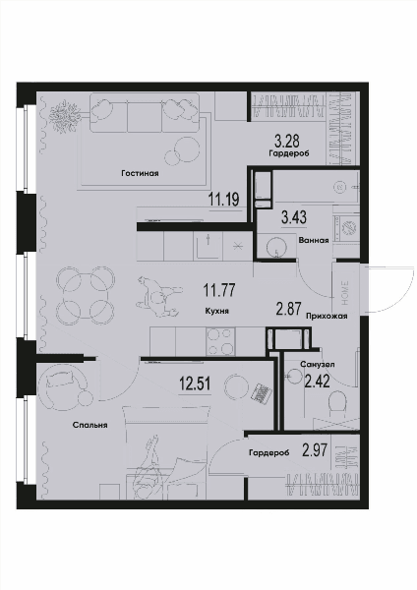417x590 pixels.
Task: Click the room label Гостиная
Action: tap(140, 173)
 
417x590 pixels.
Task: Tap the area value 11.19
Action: tap(224, 199)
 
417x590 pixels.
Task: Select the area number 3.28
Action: tap(287, 142)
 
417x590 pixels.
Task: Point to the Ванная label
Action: tap(314, 241)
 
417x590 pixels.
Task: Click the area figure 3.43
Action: tap(294, 217)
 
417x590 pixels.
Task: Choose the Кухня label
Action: tap(217, 311)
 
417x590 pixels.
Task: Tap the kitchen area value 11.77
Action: tap(219, 290)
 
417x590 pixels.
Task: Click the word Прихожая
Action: tap(327, 317)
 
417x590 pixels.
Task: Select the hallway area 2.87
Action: tap(289, 309)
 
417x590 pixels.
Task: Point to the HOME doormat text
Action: tap(345, 292)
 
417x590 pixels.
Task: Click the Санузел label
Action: tap(318, 364)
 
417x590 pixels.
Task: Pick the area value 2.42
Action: tap(317, 382)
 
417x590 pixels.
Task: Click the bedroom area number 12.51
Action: tap(195, 384)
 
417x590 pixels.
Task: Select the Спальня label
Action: tap(89, 425)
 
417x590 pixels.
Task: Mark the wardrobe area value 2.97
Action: tap(315, 449)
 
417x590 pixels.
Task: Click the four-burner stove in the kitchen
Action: tap(221, 341)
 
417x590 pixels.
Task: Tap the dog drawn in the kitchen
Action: tap(159, 297)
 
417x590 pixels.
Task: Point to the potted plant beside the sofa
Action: tap(65, 114)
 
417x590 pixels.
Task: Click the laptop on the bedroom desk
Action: tap(262, 393)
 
